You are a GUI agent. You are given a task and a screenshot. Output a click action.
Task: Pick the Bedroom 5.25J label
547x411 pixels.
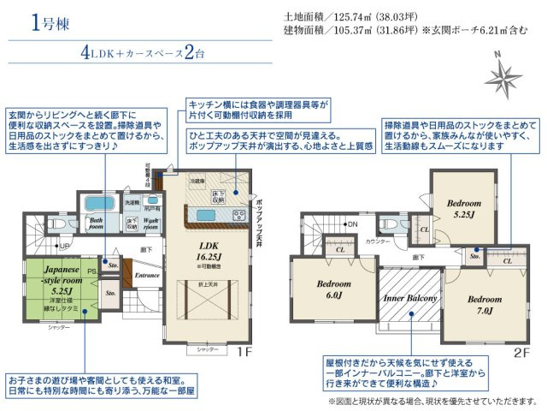(x=463, y=209)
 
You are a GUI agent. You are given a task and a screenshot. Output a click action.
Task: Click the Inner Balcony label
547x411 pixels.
(x=410, y=297)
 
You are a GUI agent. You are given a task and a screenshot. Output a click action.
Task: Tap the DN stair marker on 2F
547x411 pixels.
(x=350, y=224)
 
